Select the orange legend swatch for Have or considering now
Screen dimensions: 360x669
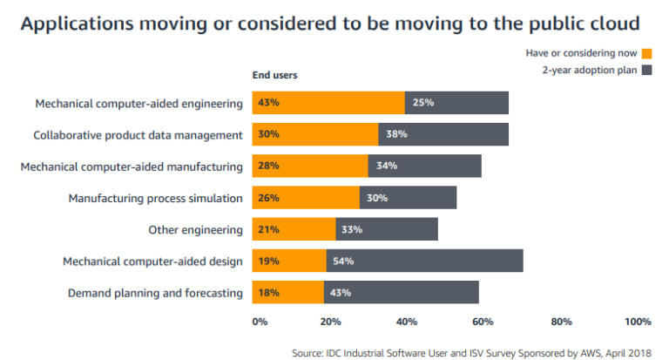646,54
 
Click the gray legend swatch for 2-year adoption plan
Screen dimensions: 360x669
646,70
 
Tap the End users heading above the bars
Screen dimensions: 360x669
274,75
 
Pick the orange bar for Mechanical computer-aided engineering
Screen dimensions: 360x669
328,103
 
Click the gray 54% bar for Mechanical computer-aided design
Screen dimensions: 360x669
424,261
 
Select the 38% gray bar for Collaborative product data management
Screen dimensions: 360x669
443,134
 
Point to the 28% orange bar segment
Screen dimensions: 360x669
310,166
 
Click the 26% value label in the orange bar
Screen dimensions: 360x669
268,198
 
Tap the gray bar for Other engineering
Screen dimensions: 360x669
387,229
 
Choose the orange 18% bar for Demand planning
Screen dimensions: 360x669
288,292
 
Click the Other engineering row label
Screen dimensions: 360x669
195,229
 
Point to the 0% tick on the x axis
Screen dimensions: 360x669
260,322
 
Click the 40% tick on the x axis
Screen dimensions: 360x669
407,322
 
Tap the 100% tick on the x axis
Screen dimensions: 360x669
638,322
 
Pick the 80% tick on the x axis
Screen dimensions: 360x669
561,322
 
